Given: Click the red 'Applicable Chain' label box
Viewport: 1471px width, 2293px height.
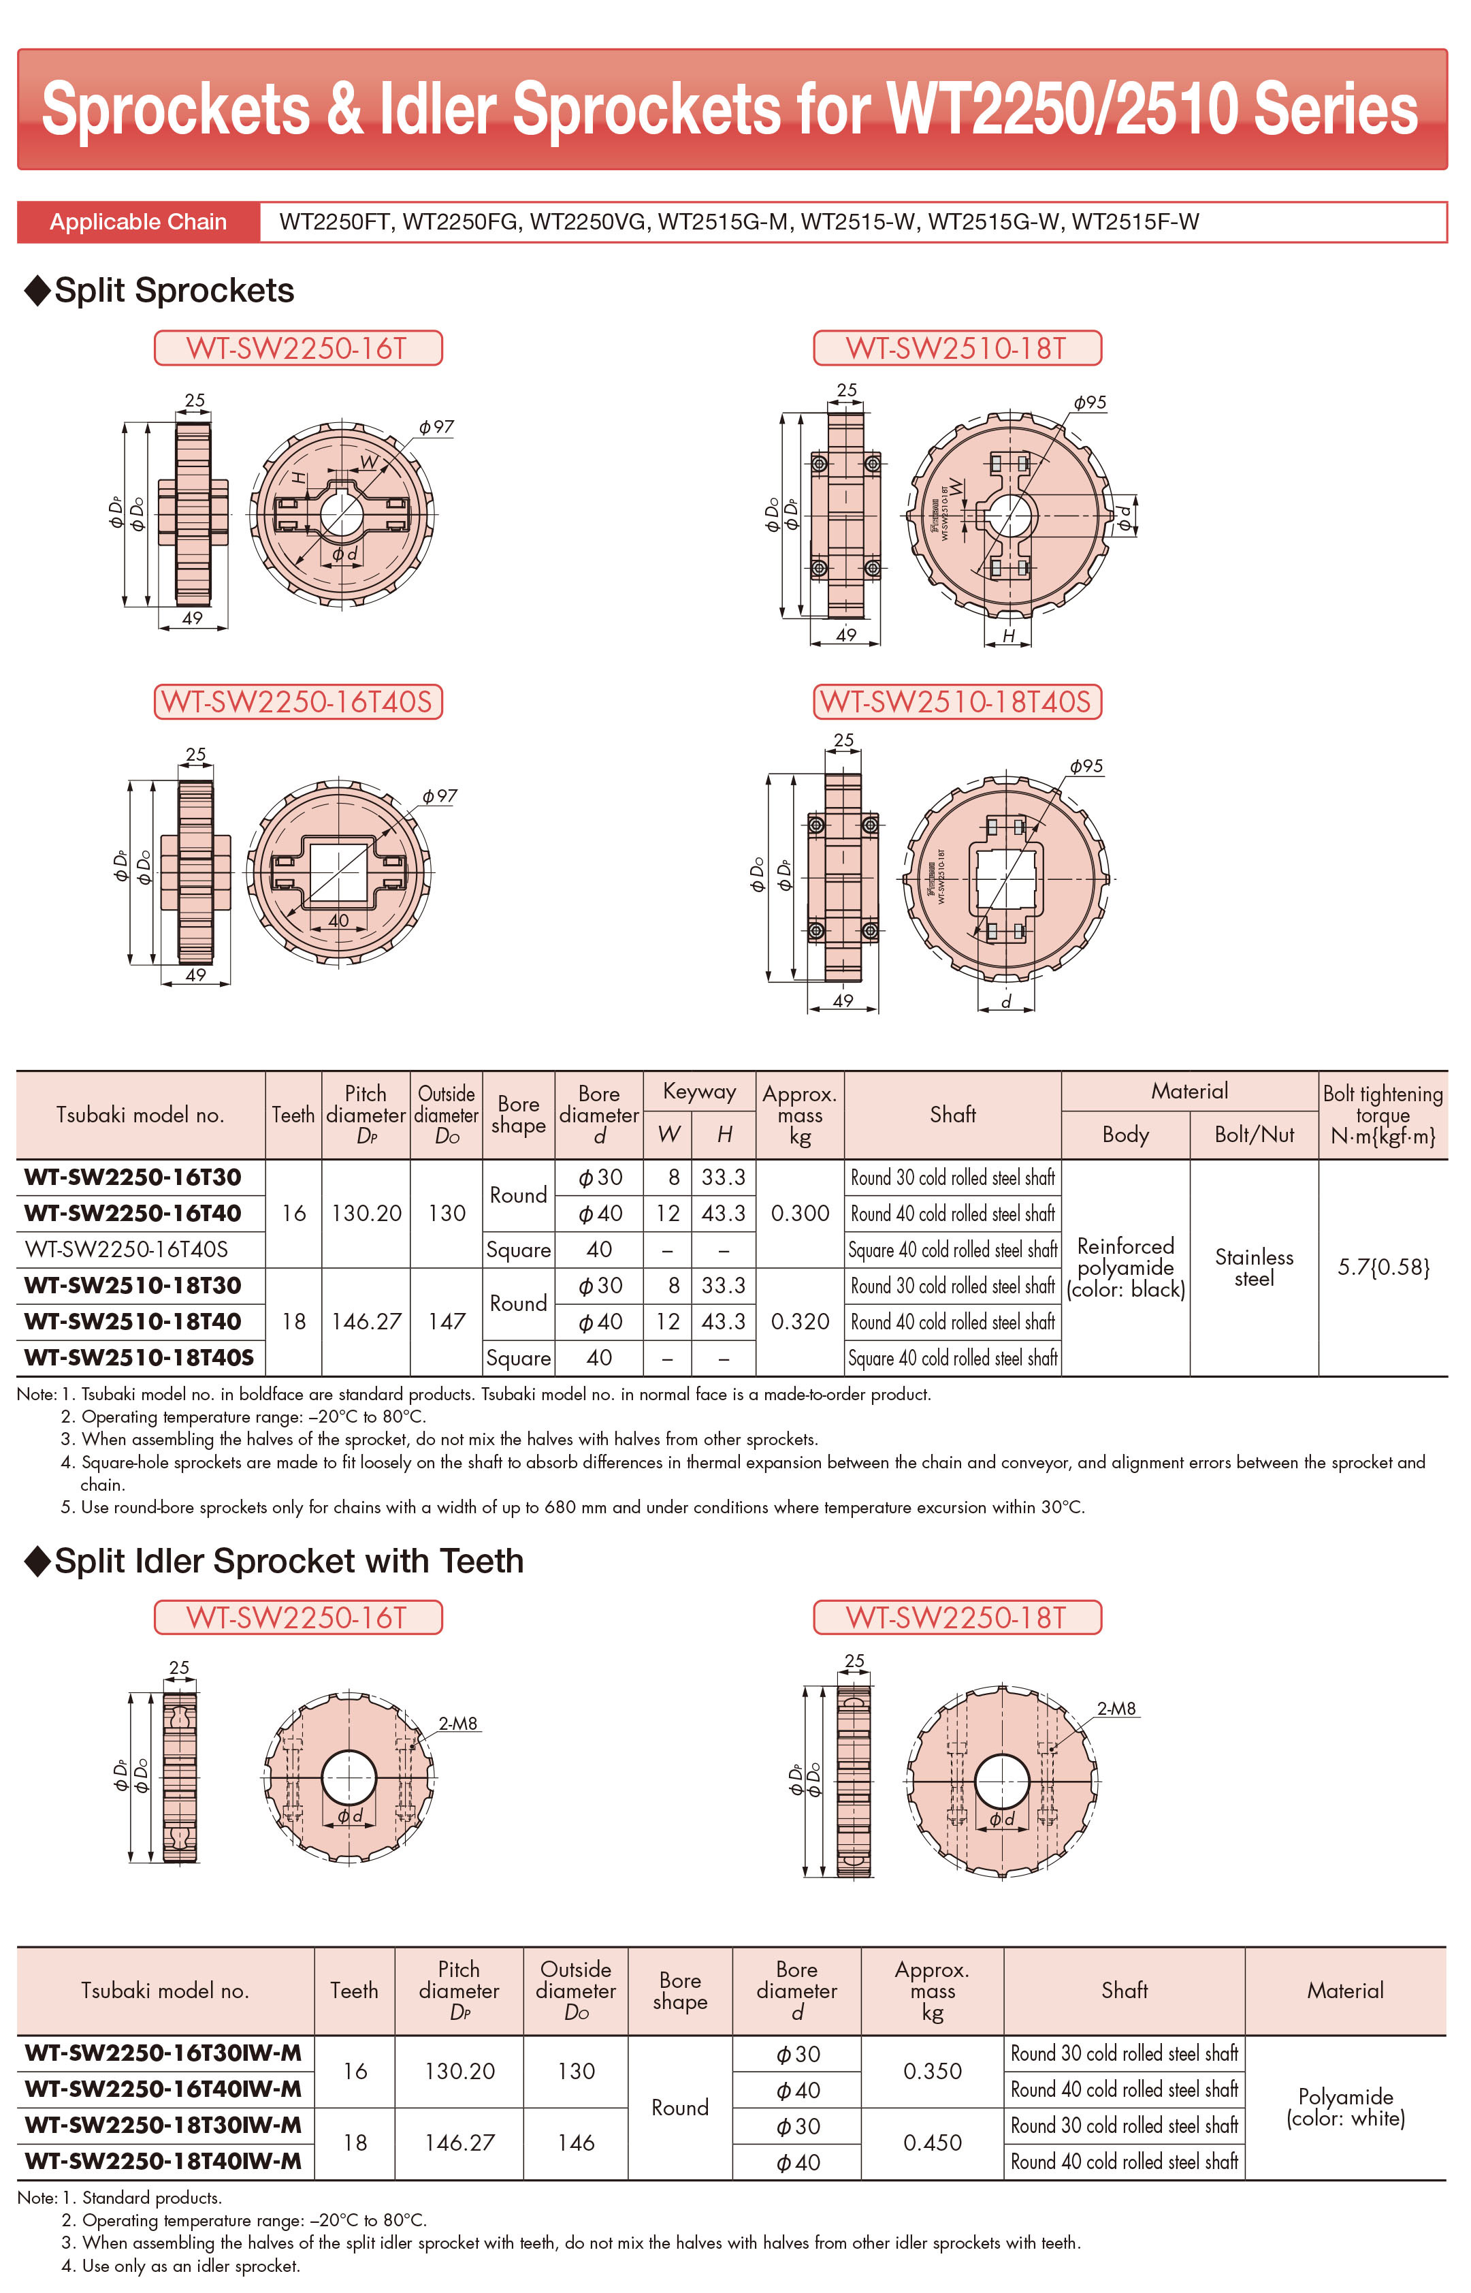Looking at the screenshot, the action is (138, 221).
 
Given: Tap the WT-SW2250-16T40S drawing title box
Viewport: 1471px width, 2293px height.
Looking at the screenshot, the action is (298, 701).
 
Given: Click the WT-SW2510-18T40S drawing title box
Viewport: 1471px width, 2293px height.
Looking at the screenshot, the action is (957, 701).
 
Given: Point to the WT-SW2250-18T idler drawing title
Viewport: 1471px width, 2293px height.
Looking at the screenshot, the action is (957, 1617).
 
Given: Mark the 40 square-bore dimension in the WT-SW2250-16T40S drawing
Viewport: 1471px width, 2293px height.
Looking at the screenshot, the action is (338, 920).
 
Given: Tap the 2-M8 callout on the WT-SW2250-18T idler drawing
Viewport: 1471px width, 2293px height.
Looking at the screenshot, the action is (1116, 1708).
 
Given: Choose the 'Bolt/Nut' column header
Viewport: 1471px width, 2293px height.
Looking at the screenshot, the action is (1254, 1135).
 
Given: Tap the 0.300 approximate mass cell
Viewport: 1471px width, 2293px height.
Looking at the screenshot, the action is (800, 1214).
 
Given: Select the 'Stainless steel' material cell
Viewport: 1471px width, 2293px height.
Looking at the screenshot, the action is (1254, 1268).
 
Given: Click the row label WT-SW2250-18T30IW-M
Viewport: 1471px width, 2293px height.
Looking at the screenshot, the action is (163, 2125).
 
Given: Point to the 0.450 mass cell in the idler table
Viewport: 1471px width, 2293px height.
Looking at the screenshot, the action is (933, 2143).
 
